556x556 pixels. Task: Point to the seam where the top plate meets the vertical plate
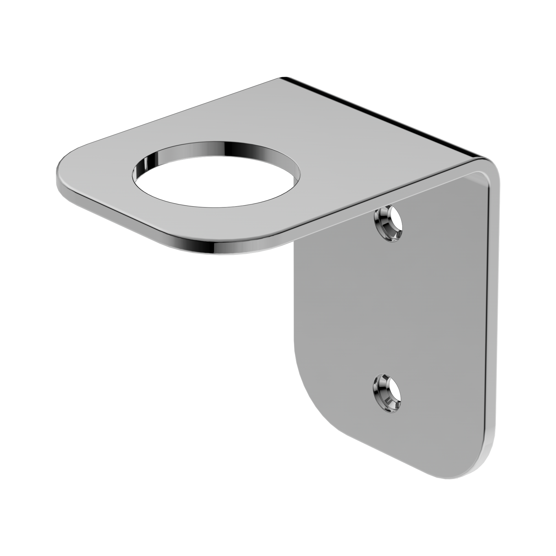(x=374, y=207)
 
